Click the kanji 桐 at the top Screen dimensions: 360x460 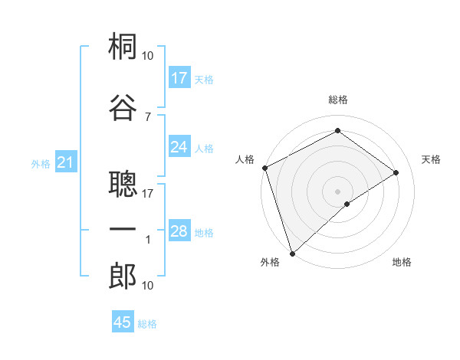pos(123,47)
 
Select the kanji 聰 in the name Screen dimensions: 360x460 pos(123,185)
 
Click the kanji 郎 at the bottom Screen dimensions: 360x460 pos(123,277)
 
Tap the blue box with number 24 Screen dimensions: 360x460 pos(179,147)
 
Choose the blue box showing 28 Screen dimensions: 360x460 pos(179,231)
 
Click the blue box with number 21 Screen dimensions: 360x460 pos(66,162)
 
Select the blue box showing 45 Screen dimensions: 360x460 pos(123,322)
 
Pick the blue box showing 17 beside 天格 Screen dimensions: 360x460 pos(179,78)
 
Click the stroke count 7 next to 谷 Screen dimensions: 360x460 pos(147,116)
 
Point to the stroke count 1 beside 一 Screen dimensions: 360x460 pos(148,240)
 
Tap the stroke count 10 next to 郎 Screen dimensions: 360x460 pos(148,285)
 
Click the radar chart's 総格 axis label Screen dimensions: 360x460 pos(337,100)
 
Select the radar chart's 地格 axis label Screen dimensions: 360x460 pos(402,262)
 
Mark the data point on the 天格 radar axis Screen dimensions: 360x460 pos(396,172)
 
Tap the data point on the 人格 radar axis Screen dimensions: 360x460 pos(264,168)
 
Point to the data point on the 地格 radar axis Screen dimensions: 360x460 pos(347,204)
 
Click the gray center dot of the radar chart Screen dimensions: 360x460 pos(337,191)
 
